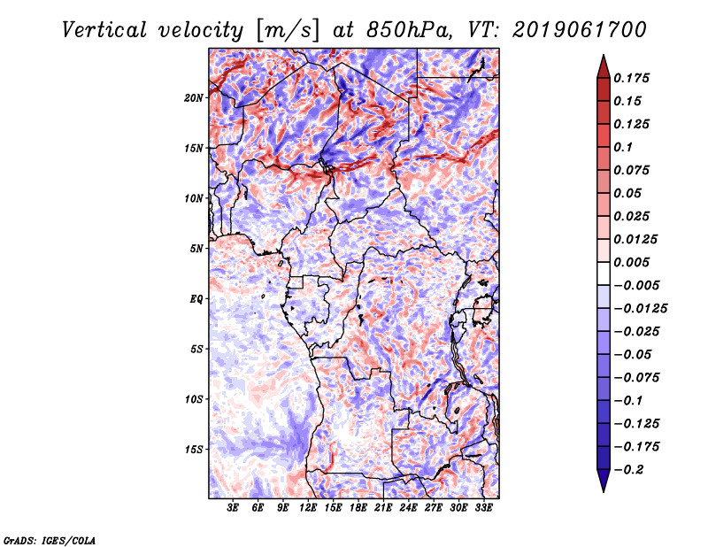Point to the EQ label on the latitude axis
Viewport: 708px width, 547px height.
coord(196,299)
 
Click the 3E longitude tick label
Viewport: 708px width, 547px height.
coord(233,508)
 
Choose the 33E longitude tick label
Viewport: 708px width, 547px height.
coord(482,508)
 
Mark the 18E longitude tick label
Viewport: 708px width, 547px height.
coord(358,508)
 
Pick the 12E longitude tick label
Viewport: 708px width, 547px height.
coord(308,508)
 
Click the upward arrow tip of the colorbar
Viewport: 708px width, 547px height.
coord(603,58)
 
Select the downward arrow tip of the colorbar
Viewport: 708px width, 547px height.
coord(603,489)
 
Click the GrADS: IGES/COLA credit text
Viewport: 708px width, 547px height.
coord(50,539)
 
